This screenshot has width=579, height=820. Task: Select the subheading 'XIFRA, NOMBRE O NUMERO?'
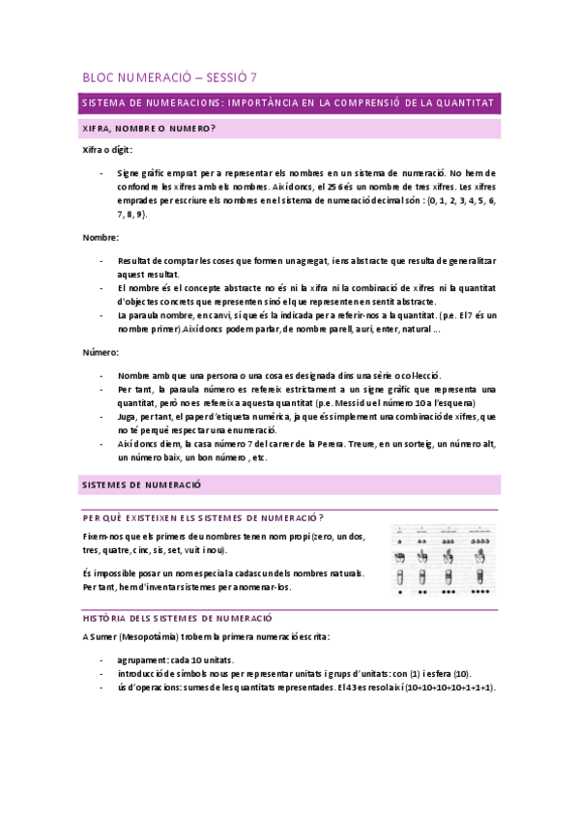(149, 128)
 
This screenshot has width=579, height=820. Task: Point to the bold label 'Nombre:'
(101, 237)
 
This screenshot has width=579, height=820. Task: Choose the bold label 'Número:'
(101, 353)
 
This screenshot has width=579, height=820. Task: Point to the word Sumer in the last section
(104, 636)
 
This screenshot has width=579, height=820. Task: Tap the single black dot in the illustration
(400, 592)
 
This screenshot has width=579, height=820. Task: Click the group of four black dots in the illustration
(480, 592)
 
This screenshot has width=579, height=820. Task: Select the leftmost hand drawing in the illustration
(400, 557)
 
